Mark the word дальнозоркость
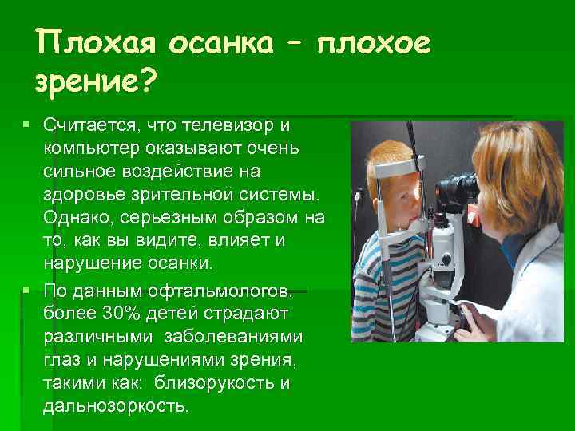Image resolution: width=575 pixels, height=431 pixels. point(116,405)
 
